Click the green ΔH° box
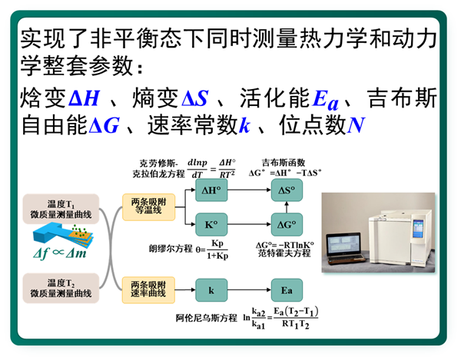click(211, 190)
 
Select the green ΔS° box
click(287, 190)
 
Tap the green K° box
click(211, 225)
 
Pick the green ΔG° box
click(287, 225)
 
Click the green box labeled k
click(211, 290)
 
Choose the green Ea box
click(287, 290)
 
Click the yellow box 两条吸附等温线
click(149, 207)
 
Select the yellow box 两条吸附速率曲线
click(149, 290)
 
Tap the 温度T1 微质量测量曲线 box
click(61, 209)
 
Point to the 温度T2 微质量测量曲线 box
click(61, 288)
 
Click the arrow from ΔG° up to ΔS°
click(287, 207)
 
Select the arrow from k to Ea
click(249, 290)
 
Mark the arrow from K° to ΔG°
click(249, 225)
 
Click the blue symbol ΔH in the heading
click(84, 98)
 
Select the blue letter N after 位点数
click(356, 125)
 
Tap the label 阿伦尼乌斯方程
click(206, 318)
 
